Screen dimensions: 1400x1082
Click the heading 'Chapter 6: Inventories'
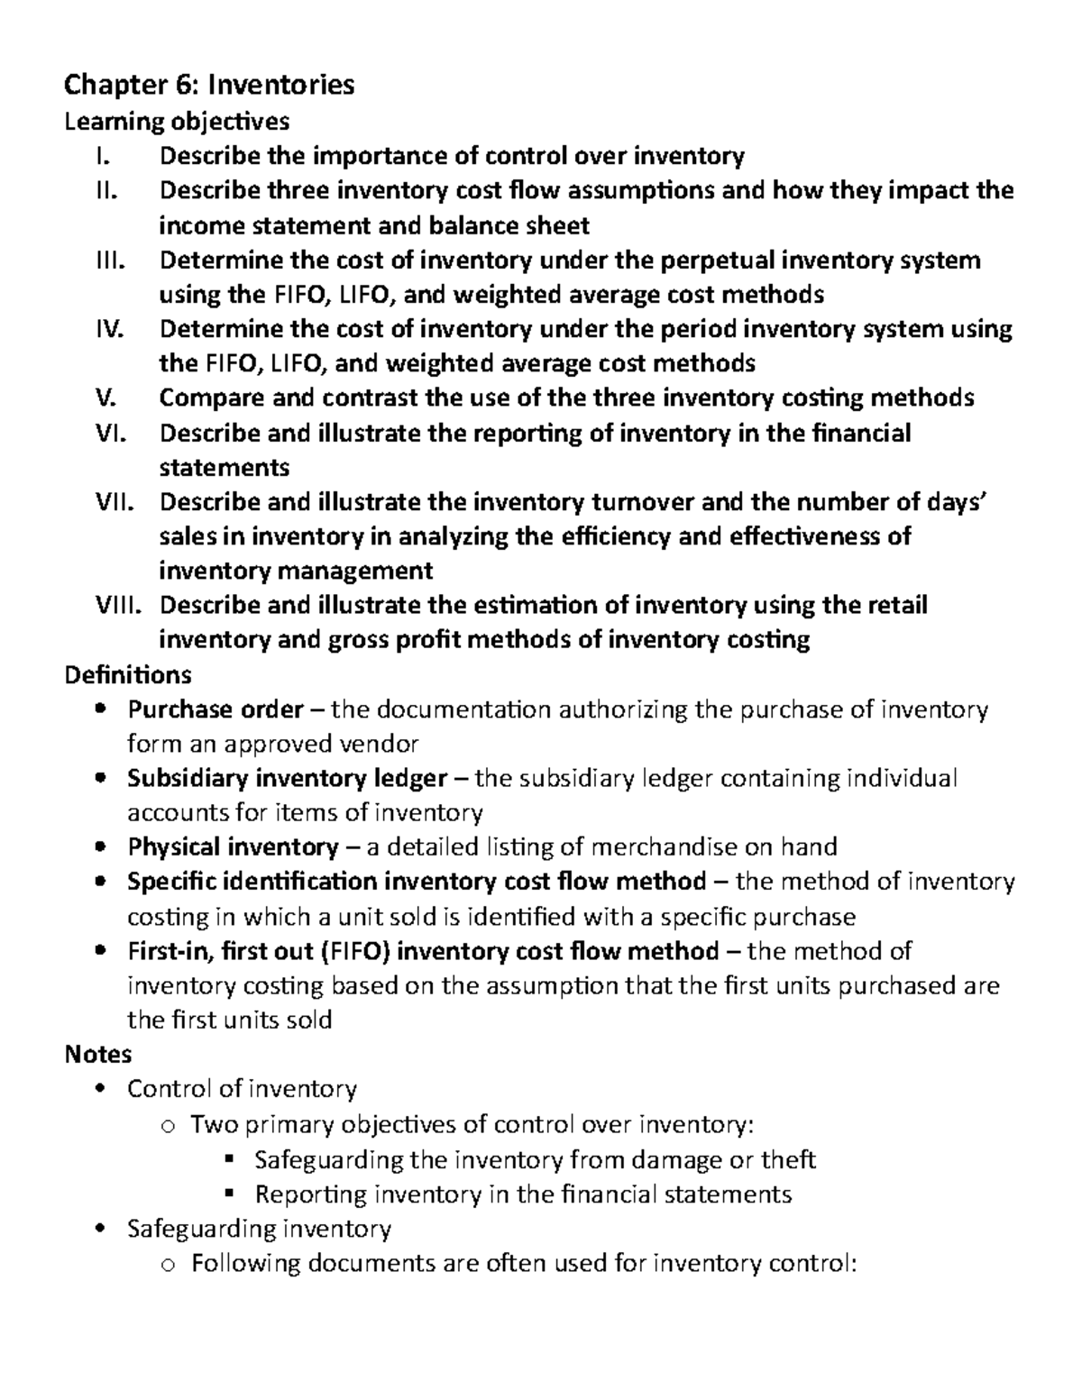click(x=209, y=86)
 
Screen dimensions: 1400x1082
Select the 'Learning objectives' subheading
click(x=177, y=121)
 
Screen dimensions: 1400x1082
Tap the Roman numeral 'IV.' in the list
click(x=111, y=329)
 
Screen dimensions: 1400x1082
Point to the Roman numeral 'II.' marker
click(x=106, y=190)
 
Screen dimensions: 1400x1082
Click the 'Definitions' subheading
click(x=127, y=674)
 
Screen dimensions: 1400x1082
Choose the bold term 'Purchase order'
click(x=215, y=709)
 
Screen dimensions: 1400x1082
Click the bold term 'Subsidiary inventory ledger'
click(x=287, y=778)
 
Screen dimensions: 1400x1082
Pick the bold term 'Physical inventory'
click(x=233, y=847)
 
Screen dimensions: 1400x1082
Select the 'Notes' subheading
click(x=98, y=1054)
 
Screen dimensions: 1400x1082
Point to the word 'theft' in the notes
click(x=788, y=1159)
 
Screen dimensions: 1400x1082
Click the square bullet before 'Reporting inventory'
click(x=228, y=1194)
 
